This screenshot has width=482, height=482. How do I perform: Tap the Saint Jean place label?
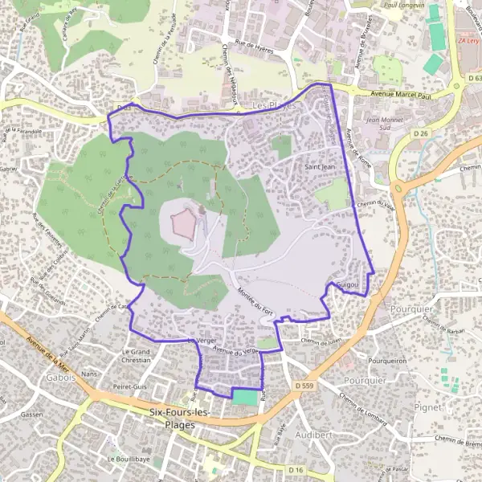[x=319, y=167]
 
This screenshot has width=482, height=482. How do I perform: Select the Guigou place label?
[x=349, y=285]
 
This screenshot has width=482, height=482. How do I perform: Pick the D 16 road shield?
[x=296, y=468]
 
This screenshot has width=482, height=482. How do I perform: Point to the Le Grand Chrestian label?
[x=136, y=356]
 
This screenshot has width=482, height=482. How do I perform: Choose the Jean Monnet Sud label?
[x=382, y=125]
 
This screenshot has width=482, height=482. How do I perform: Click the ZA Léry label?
[x=468, y=39]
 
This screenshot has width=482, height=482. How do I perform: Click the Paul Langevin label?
[x=403, y=6]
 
